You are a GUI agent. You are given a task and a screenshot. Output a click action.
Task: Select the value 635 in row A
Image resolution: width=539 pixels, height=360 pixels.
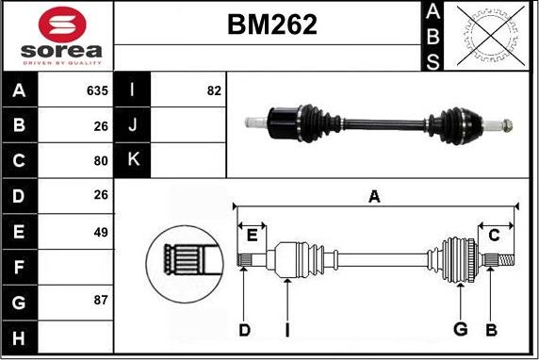[x=97, y=91]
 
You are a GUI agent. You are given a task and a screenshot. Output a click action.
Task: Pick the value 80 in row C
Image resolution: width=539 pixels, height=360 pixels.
[x=101, y=160]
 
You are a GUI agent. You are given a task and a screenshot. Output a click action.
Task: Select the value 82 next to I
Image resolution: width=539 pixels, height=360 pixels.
[x=213, y=91]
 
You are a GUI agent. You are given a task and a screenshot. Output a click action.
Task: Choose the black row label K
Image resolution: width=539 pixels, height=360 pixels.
[x=133, y=160]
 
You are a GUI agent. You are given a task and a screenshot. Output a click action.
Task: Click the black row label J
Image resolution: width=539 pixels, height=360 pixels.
[x=133, y=125]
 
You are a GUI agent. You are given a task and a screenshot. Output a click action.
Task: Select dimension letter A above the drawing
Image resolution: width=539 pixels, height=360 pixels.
[x=374, y=197]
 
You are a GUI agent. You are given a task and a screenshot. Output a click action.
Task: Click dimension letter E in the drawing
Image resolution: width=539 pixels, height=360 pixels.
[x=252, y=236]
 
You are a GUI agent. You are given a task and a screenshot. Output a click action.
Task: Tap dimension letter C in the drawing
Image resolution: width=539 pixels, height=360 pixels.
[x=494, y=236]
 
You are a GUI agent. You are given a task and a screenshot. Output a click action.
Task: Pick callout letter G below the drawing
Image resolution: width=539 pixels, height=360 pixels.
[x=460, y=329]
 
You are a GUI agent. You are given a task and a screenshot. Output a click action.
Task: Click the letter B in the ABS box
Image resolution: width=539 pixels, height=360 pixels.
[x=433, y=37]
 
